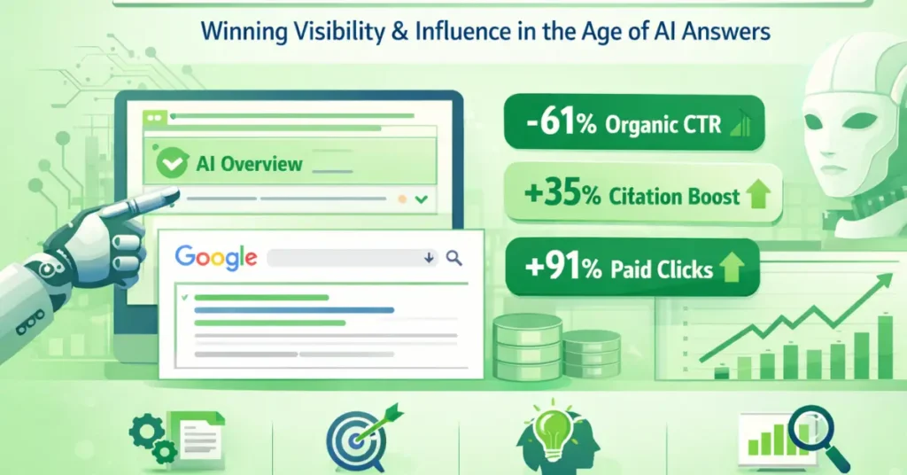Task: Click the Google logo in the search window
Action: point(216,257)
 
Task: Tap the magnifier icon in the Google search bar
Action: point(454,258)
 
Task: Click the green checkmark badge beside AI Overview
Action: point(167,163)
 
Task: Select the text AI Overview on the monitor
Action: point(249,164)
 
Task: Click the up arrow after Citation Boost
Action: point(758,194)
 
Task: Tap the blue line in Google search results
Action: point(293,310)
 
